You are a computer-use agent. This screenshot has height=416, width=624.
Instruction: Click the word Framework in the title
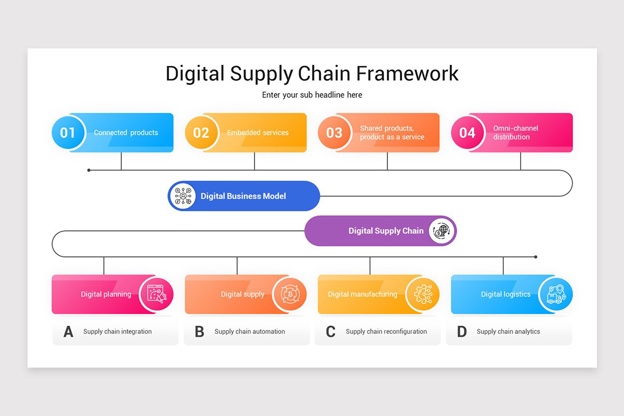pyautogui.click(x=407, y=73)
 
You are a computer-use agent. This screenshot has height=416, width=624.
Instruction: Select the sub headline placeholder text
pyautogui.click(x=312, y=95)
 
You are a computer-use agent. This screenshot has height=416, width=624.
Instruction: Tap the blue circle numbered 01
pyautogui.click(x=68, y=133)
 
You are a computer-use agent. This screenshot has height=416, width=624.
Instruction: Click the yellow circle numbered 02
pyautogui.click(x=201, y=133)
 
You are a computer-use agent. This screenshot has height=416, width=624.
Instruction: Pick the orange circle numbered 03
pyautogui.click(x=334, y=133)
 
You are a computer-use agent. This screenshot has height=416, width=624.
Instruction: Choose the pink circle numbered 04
pyautogui.click(x=467, y=133)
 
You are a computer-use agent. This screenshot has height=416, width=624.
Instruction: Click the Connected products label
pyautogui.click(x=126, y=133)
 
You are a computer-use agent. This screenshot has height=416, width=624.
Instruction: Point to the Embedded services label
pyautogui.click(x=258, y=133)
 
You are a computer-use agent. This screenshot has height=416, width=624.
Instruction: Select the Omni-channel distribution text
pyautogui.click(x=515, y=133)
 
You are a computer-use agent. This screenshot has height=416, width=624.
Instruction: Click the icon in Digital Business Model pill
pyautogui.click(x=183, y=196)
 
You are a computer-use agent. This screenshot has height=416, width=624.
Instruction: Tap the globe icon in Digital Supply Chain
pyautogui.click(x=441, y=231)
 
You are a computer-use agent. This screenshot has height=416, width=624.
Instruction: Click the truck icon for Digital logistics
pyautogui.click(x=556, y=294)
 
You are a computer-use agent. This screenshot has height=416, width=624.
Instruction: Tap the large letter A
pyautogui.click(x=68, y=332)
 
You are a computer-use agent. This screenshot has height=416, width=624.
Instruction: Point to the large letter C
pyautogui.click(x=330, y=332)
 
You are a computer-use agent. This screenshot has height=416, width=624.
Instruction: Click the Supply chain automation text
pyautogui.click(x=250, y=332)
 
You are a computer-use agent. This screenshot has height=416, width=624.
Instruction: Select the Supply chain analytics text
pyautogui.click(x=508, y=332)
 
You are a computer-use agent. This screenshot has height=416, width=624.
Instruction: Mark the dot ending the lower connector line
pyautogui.click(x=536, y=257)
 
